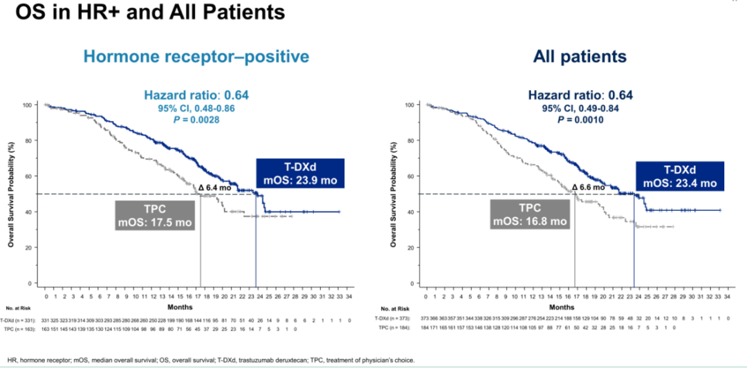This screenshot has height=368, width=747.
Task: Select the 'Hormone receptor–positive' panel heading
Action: pos(196,56)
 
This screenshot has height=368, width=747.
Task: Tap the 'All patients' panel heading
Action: pos(580,56)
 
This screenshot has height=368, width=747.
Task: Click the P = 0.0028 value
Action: pos(185,120)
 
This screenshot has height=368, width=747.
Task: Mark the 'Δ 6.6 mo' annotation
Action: pos(589,187)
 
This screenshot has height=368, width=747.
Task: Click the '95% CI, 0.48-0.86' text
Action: pos(185,109)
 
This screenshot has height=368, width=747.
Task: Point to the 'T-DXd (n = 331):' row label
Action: pos(19,322)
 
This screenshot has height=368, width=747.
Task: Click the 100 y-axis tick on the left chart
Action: pos(28,105)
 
